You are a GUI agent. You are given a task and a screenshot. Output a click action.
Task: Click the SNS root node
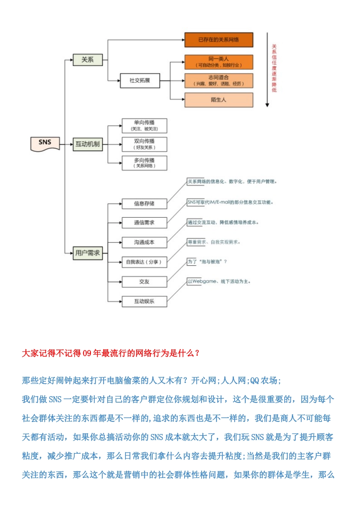(x=45, y=143)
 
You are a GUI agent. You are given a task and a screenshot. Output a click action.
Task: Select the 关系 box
(x=88, y=60)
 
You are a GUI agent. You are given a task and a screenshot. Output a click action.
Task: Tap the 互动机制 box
(x=88, y=144)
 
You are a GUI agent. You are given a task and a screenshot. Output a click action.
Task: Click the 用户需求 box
(x=88, y=253)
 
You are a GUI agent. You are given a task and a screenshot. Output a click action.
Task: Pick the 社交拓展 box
(x=139, y=81)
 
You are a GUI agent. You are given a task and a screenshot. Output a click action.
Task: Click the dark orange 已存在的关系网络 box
(x=219, y=40)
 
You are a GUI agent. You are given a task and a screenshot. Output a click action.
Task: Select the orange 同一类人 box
(x=219, y=62)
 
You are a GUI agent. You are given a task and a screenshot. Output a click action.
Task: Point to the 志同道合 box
(x=219, y=81)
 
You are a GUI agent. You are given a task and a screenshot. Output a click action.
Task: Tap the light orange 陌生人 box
(x=219, y=100)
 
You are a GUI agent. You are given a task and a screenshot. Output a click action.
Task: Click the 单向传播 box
(x=144, y=126)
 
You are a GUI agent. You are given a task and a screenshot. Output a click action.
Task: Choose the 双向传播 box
(x=144, y=144)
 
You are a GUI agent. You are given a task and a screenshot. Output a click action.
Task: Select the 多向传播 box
(x=144, y=163)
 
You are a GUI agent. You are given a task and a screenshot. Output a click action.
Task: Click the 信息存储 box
(x=144, y=204)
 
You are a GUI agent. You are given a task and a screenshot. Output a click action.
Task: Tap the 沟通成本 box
(x=144, y=242)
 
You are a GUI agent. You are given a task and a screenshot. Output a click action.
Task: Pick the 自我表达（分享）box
(x=144, y=262)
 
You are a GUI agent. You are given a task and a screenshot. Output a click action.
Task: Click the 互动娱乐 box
(x=144, y=301)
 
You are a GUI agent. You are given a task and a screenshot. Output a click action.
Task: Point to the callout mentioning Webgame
(x=219, y=281)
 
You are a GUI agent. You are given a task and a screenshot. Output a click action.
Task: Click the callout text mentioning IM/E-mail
(x=230, y=202)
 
